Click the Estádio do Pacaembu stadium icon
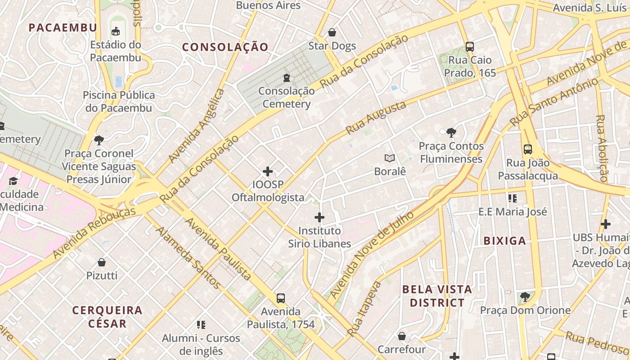[x=116, y=31]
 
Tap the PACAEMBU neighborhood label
[x=63, y=27]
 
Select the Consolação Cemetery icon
[x=287, y=77]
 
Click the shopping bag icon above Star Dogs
[x=332, y=32]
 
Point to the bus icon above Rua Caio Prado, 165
[x=470, y=46]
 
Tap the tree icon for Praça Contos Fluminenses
[x=451, y=133]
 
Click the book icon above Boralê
[x=390, y=158]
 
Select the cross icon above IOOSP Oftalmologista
[x=268, y=171]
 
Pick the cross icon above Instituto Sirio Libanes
[x=319, y=217]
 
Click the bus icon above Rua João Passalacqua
[x=528, y=149]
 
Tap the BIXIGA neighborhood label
[x=504, y=241]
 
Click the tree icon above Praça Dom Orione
[x=525, y=297]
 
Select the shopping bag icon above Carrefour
[x=402, y=336]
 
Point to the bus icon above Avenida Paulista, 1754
[x=281, y=298]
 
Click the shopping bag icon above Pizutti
[x=102, y=262]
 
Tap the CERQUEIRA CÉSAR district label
[x=108, y=316]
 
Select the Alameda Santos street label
[x=189, y=257]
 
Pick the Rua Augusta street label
[x=376, y=118]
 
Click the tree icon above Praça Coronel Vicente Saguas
[x=99, y=140]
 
